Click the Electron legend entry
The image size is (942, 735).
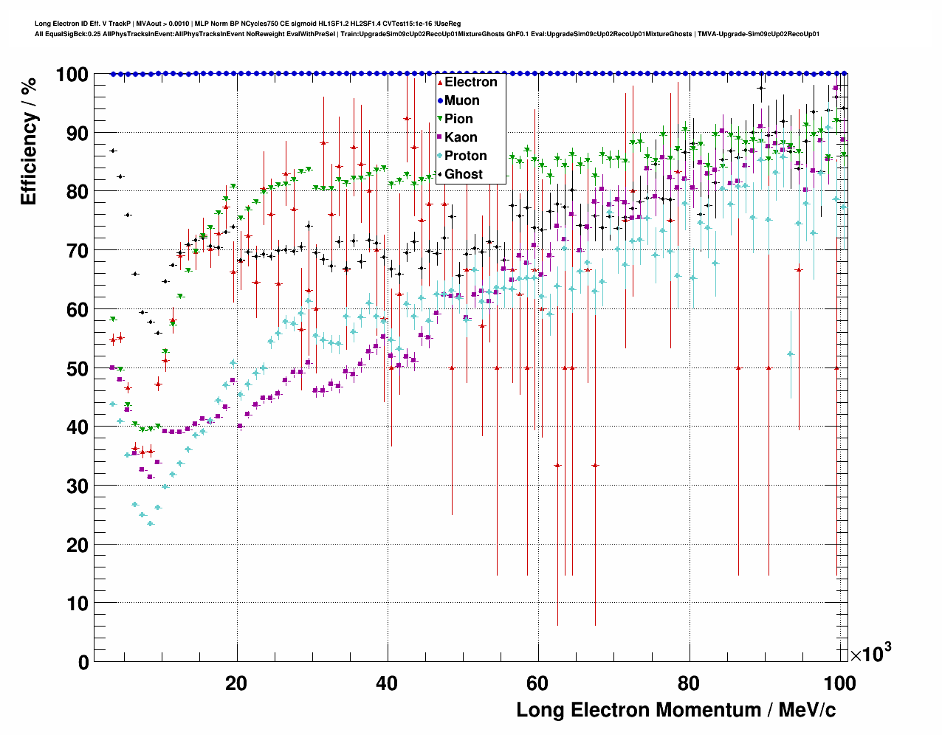470,82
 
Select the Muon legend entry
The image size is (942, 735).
461,100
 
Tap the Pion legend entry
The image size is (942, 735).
458,119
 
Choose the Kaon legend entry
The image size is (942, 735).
460,137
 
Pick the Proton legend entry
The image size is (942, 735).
465,156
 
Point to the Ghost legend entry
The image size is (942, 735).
463,174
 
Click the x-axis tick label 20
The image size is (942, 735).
236,683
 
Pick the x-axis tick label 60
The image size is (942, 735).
538,683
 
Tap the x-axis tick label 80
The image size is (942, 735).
689,683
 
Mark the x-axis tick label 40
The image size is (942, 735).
387,683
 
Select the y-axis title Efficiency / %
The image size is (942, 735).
29,140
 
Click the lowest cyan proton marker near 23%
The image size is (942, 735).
150,524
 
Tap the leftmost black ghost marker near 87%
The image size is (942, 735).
112,151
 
